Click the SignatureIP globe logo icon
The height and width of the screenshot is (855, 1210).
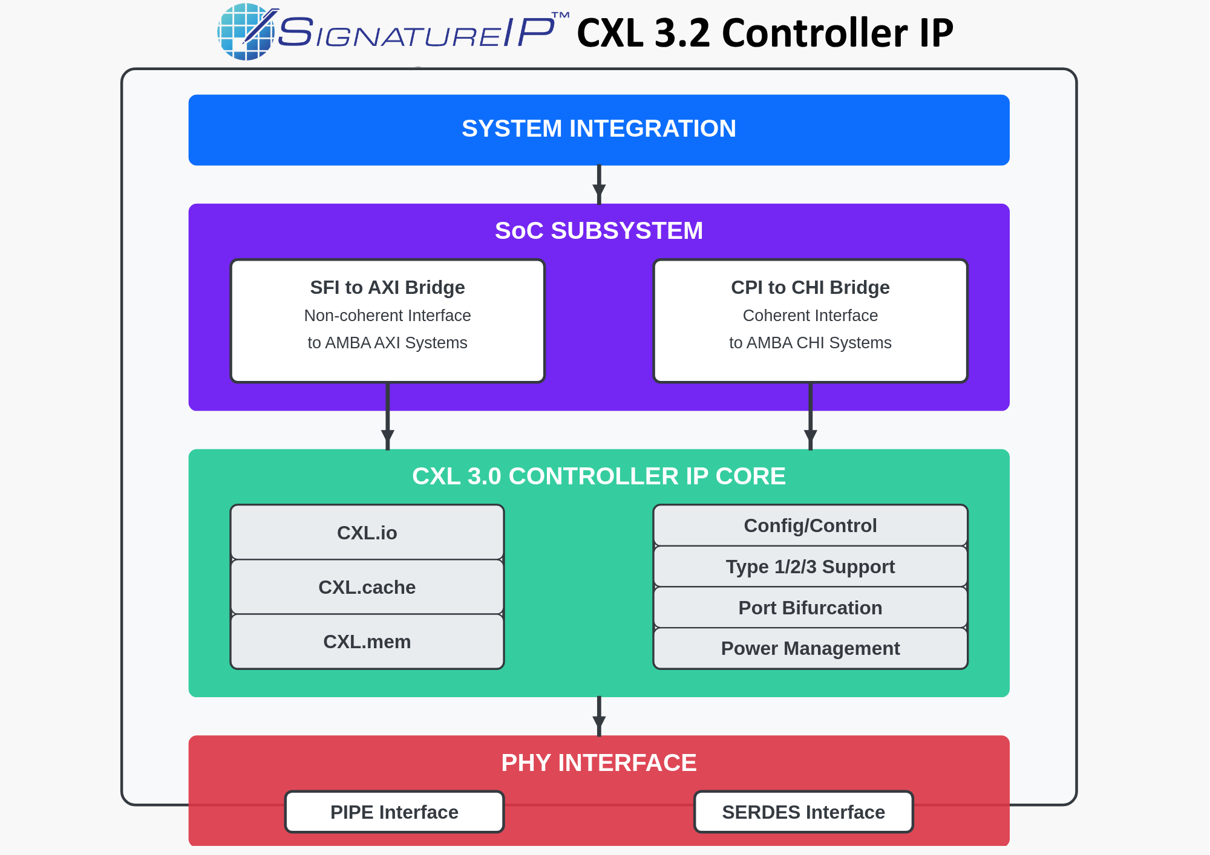pos(246,32)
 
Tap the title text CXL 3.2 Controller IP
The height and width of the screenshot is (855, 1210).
pos(765,33)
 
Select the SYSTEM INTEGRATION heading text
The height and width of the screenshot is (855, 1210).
pos(598,129)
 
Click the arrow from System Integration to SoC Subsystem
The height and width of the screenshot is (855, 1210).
pos(599,185)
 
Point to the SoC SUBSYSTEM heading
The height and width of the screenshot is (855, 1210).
pos(598,231)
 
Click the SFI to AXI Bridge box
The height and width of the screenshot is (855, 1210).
pos(388,321)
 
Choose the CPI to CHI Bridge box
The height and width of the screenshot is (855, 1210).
pos(810,321)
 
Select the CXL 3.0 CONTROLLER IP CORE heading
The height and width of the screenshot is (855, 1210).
pos(598,476)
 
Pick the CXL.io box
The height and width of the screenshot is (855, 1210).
pos(367,533)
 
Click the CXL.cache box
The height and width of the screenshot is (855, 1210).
pos(367,587)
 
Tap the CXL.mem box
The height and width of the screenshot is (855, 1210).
pos(367,642)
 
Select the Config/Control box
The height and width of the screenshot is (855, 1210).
pos(810,525)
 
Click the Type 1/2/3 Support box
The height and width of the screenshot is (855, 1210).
pos(810,567)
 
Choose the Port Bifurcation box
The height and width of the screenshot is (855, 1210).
pos(810,608)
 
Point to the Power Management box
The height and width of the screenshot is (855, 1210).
pos(810,648)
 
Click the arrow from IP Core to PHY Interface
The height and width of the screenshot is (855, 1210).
pos(599,717)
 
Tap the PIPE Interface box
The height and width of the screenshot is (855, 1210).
pos(394,812)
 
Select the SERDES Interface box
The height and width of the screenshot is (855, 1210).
pos(803,812)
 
